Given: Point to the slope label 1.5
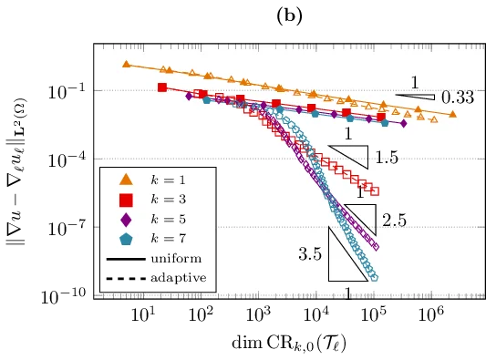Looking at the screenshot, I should point(387,158).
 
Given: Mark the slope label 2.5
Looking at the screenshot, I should point(394,221).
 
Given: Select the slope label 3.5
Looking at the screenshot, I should point(310,255).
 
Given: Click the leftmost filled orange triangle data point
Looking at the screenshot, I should point(126,64).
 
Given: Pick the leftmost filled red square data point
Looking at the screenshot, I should point(162,87).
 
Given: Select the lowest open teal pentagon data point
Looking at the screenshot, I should point(374,278).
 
